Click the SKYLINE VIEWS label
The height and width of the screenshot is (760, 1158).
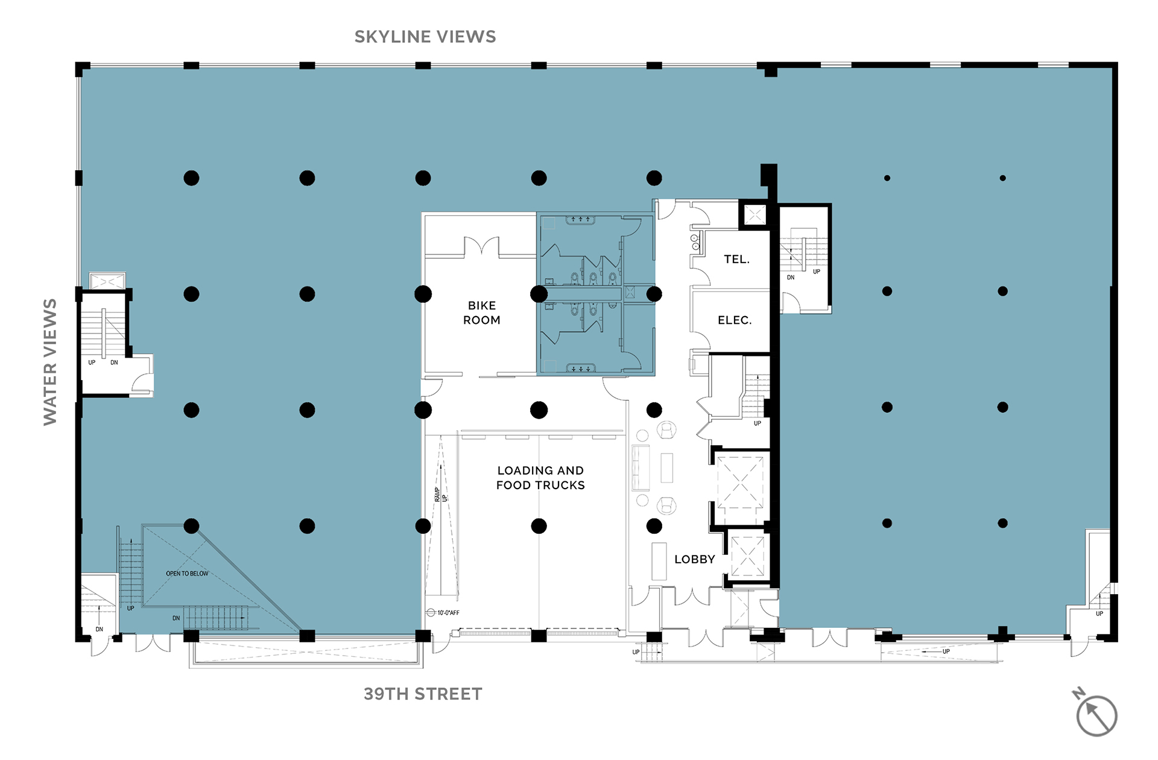[x=425, y=37]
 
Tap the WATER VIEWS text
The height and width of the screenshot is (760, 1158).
[x=50, y=362]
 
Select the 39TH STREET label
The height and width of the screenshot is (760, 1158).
[x=423, y=694]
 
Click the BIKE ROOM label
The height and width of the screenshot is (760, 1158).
[x=482, y=312]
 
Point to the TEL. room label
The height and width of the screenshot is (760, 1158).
[x=736, y=259]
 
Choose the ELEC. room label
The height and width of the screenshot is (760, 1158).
[x=735, y=320]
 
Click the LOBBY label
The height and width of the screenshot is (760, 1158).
[x=695, y=559]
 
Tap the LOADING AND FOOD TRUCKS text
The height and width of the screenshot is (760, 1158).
[x=540, y=478]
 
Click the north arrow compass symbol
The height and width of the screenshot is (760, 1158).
[x=1095, y=714]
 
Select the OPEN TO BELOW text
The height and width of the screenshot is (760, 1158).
[x=187, y=574]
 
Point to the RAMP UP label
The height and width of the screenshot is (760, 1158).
[x=441, y=495]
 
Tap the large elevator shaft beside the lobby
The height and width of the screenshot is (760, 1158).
[x=740, y=483]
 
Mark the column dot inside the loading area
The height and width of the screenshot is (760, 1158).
[x=539, y=526]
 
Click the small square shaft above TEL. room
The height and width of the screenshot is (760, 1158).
[x=755, y=215]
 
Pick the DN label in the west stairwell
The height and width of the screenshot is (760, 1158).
[x=114, y=363]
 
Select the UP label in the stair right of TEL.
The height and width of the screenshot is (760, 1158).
[x=817, y=271]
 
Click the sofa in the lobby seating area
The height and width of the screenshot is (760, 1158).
[x=640, y=467]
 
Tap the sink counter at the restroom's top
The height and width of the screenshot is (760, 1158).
[x=580, y=220]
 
